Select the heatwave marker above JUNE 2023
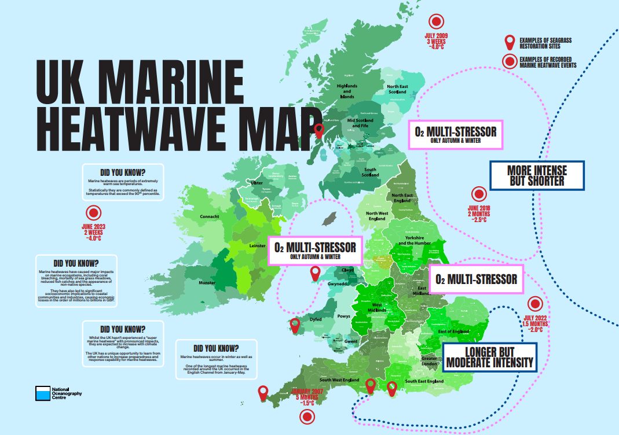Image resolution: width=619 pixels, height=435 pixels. tap(93, 212)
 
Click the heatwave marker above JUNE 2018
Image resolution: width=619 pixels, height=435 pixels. tap(478, 194)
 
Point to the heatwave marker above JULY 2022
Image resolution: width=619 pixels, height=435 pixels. tap(536, 304)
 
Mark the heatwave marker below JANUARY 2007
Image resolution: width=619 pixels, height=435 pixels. tap(308, 415)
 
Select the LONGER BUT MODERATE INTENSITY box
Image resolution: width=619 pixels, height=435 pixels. tap(490, 357)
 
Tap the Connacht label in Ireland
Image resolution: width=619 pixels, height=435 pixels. tap(209, 217)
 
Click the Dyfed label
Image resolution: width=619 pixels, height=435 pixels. tap(315, 318)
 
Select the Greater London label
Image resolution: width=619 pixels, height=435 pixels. tap(429, 361)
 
